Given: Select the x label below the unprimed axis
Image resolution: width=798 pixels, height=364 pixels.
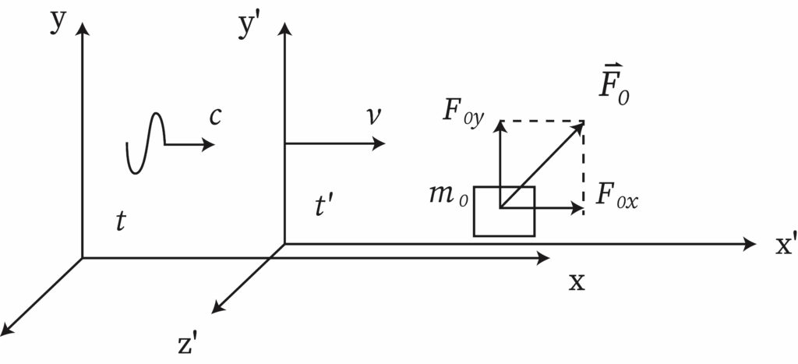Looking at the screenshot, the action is point(577,282).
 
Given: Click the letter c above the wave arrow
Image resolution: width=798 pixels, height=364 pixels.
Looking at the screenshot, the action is point(214,118).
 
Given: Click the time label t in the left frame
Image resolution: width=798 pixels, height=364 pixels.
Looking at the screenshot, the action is point(120,221).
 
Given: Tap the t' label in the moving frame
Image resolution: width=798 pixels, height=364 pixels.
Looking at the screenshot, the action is point(323,207).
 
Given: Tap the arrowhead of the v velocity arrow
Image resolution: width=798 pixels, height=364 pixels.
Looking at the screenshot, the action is point(378,143).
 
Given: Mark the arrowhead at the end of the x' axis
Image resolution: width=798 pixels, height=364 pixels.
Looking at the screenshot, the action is point(749,244).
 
